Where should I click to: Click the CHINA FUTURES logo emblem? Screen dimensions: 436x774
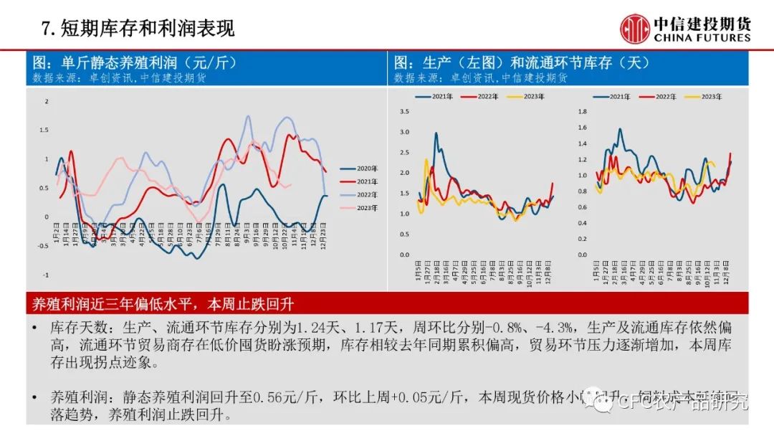[634, 29]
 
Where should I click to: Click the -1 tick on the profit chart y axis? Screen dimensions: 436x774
[45, 275]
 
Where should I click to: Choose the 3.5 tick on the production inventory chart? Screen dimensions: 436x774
[403, 111]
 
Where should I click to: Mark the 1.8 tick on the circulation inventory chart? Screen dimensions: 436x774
[582, 111]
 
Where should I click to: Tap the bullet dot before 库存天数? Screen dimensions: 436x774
[36, 328]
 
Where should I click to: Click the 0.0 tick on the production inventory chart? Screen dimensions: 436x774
[403, 255]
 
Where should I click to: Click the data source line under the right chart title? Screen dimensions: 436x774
[481, 77]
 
